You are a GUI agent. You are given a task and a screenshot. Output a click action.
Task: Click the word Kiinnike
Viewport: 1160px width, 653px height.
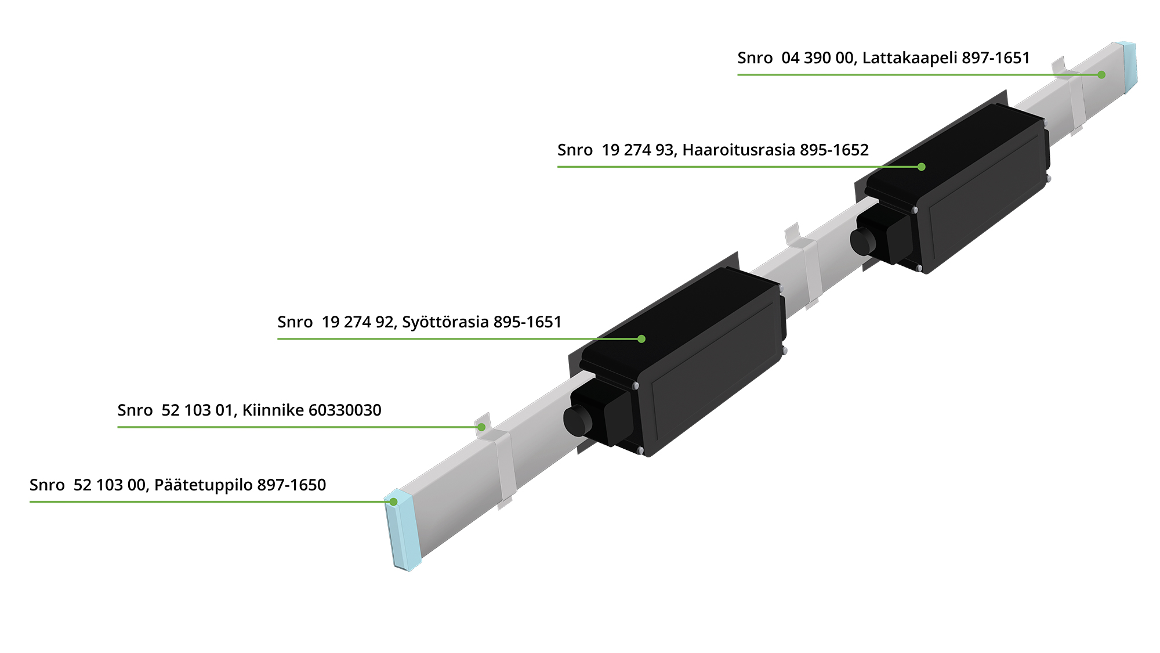click(x=273, y=410)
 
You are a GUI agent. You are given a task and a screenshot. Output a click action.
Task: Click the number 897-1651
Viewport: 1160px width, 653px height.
click(x=996, y=58)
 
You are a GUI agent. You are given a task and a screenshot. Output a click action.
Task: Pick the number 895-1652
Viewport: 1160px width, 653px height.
click(x=834, y=150)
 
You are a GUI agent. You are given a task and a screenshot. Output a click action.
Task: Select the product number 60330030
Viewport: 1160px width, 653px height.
click(x=345, y=410)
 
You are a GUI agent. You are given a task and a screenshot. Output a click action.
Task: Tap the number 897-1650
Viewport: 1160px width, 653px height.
click(x=292, y=485)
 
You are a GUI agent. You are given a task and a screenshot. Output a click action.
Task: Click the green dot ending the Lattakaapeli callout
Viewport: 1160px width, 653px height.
click(x=1101, y=74)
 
